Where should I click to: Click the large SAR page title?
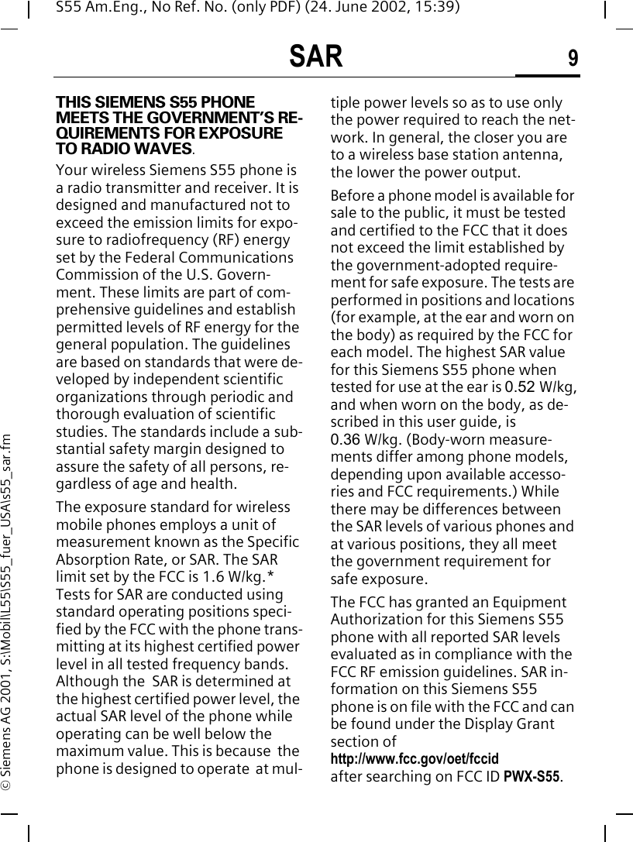(x=315, y=57)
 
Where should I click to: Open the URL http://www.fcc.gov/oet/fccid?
(x=415, y=758)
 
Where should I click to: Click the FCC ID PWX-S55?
(x=532, y=776)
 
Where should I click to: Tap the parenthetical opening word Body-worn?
(x=426, y=439)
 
